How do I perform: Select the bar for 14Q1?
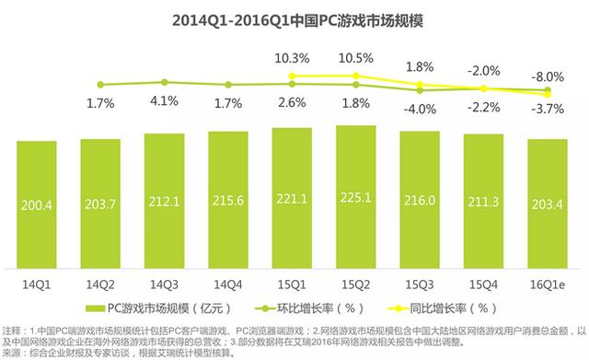(x=36, y=203)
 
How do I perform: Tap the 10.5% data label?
(x=355, y=57)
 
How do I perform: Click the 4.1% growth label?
(x=164, y=101)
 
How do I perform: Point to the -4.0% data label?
(x=420, y=109)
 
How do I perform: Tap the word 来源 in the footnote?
(x=14, y=352)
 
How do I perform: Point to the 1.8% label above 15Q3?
(x=420, y=66)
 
